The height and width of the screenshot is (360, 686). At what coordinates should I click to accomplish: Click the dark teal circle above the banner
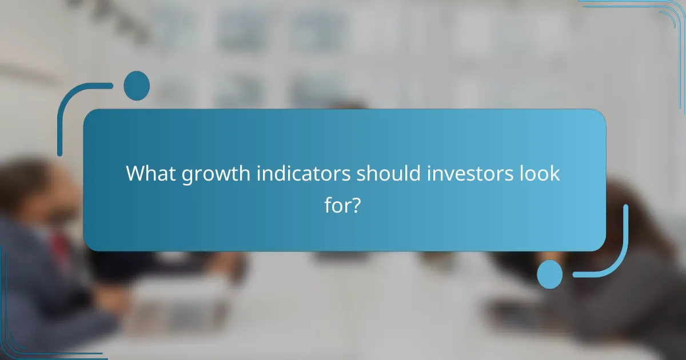pyautogui.click(x=137, y=86)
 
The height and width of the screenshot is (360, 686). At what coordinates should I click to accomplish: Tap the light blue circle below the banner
pyautogui.click(x=550, y=274)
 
